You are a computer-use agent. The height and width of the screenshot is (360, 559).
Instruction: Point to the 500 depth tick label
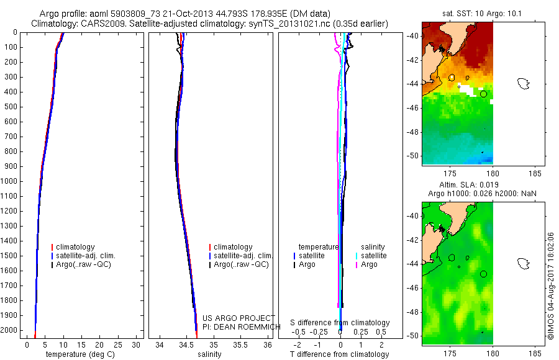point(11,107)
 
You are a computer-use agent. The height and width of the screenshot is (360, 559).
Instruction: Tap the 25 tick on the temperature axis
point(117,345)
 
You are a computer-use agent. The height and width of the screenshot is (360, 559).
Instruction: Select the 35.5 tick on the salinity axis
point(240,345)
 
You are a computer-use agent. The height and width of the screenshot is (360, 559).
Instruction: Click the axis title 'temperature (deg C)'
point(80,354)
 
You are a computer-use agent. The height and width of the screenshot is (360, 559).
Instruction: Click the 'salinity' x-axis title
point(210,354)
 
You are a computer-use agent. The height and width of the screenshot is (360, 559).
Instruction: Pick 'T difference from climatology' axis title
point(339,354)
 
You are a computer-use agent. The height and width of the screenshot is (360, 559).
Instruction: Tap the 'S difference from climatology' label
point(340,323)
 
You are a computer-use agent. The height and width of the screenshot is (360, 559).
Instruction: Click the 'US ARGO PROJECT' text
point(239,318)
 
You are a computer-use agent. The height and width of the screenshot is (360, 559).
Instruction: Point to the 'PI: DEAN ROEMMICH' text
point(242,327)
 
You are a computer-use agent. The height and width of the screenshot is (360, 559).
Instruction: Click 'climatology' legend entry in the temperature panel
point(73,247)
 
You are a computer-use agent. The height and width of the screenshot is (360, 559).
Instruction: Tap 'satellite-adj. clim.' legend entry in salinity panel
point(241,256)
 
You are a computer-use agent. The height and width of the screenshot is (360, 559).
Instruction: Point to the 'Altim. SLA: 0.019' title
point(469,185)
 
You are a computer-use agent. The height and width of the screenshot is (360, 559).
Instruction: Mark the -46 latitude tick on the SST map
point(413,107)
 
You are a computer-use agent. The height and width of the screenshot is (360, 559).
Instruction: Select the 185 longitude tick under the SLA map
point(535,354)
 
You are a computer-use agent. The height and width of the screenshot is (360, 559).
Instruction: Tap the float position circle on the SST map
point(483,94)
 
